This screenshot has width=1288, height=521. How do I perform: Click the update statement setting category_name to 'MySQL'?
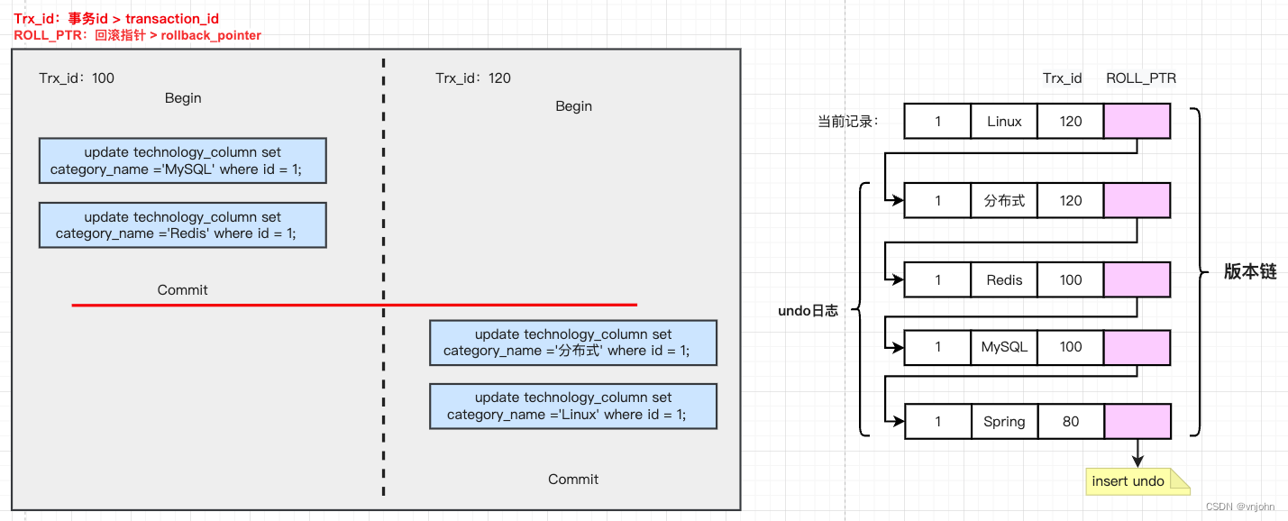pos(182,160)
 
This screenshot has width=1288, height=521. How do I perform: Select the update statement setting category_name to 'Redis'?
pos(182,225)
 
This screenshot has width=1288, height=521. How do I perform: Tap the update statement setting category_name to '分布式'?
pos(572,343)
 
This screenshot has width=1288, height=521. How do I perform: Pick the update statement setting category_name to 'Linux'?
pos(572,407)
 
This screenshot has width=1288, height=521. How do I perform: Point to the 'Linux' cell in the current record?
pos(1004,122)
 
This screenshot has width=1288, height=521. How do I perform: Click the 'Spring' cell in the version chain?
pos(1004,421)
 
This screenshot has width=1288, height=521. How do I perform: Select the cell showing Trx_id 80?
pos(1071,421)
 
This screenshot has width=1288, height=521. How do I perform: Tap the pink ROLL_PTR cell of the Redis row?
pos(1137,279)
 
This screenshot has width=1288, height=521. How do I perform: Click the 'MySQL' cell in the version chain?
pos(1004,347)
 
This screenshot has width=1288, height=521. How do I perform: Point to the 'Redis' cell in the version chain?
pos(1004,279)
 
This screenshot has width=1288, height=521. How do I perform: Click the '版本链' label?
pos(1249,272)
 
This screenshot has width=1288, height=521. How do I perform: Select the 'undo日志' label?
pos(808,311)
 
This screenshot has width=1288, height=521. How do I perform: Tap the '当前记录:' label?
pos(847,122)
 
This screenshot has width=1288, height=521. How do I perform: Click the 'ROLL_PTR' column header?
pos(1140,78)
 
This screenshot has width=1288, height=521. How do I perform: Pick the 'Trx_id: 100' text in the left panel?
pos(77,78)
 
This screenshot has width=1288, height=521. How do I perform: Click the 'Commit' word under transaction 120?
pos(573,480)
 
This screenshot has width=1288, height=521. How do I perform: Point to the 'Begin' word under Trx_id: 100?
pos(183,98)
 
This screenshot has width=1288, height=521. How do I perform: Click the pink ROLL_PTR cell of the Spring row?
pos(1137,421)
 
